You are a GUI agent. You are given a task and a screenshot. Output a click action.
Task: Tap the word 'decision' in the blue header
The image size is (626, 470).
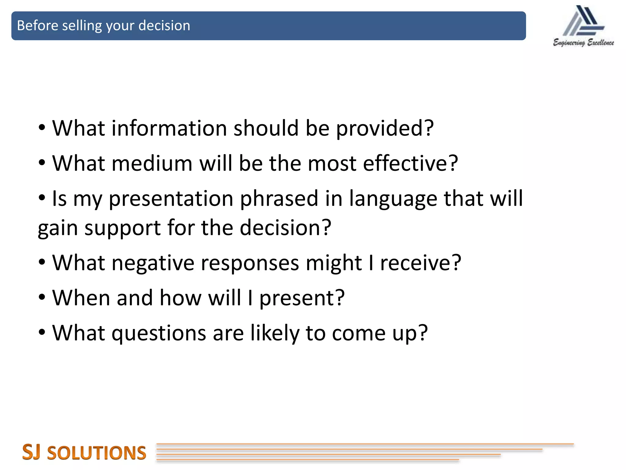click(x=164, y=26)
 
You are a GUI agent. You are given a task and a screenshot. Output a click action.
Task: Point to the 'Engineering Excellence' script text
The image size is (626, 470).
click(x=584, y=43)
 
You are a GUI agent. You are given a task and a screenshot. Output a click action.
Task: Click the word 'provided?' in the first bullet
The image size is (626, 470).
click(x=385, y=129)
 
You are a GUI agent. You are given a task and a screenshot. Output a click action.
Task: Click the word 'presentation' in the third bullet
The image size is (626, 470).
click(x=171, y=199)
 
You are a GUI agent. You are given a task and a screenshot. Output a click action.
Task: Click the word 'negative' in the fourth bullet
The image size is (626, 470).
click(x=153, y=263)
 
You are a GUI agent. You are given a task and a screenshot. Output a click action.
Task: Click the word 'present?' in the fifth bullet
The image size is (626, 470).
click(x=302, y=298)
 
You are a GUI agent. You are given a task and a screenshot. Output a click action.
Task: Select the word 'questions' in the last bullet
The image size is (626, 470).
click(x=159, y=334)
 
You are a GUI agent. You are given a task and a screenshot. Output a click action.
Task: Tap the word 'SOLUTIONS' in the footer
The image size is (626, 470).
click(x=97, y=453)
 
